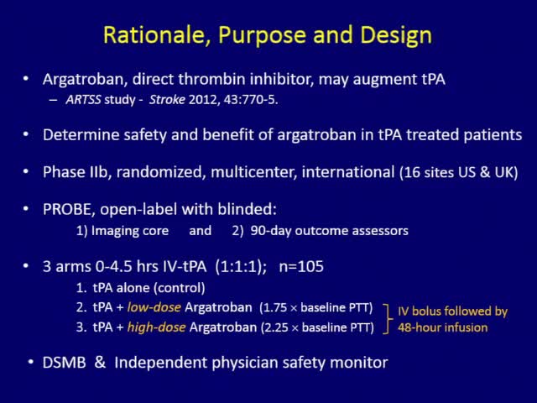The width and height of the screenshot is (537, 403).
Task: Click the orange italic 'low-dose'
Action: pyautogui.click(x=150, y=308)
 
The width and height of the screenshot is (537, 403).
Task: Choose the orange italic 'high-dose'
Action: pyautogui.click(x=152, y=327)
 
